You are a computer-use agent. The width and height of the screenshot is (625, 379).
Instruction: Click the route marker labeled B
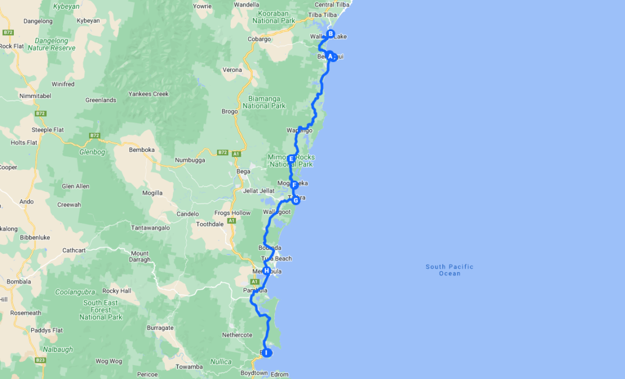(330, 34)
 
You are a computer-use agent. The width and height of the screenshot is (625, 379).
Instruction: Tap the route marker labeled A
(330, 56)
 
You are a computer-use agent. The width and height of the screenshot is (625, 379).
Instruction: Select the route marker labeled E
(291, 159)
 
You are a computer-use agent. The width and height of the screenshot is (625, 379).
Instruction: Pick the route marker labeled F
(294, 185)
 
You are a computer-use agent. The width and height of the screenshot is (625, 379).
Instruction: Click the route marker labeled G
(296, 201)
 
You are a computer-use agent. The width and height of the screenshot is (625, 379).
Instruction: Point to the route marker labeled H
(266, 271)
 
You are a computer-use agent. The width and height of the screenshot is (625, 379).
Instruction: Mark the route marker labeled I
(267, 352)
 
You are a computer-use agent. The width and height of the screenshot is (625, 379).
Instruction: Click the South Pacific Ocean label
(450, 270)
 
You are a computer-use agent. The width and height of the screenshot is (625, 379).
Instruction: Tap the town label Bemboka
(142, 150)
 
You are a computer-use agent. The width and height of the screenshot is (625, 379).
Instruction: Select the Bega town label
(244, 172)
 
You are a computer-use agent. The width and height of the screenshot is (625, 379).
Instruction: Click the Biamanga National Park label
(264, 102)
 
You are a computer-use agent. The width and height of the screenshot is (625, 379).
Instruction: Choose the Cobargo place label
(259, 39)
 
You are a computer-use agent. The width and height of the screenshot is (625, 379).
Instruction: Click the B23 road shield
(40, 360)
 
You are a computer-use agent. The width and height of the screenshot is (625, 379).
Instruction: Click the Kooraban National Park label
(274, 17)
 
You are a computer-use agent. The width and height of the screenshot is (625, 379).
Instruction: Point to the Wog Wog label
(109, 361)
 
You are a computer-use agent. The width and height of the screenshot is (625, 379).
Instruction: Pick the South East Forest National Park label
(101, 309)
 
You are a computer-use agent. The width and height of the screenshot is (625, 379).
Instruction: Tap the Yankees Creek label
(148, 94)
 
